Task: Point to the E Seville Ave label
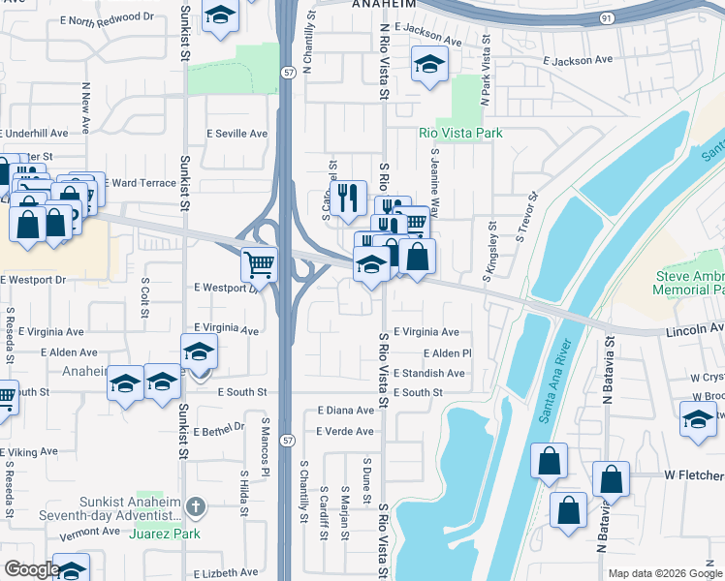[236, 134]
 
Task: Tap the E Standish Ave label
[428, 373]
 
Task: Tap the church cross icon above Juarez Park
[195, 505]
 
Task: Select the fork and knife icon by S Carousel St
[347, 198]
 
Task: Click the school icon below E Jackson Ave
[427, 64]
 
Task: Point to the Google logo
[32, 569]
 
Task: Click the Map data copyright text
[665, 573]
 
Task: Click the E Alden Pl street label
[447, 353]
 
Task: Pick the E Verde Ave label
[346, 431]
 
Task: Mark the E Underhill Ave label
[34, 133]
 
